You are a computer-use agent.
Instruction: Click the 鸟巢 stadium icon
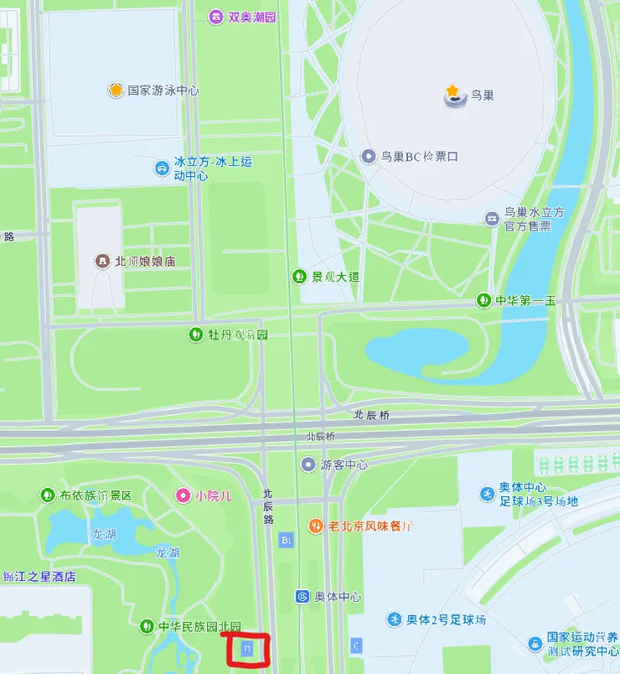click(x=454, y=94)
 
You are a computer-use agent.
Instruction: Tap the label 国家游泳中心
click(x=163, y=90)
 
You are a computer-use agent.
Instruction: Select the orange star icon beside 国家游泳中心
click(x=116, y=90)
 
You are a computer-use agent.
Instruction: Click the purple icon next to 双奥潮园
click(x=215, y=17)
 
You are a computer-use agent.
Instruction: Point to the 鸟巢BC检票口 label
click(x=420, y=156)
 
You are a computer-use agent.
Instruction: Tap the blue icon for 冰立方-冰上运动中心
click(x=161, y=168)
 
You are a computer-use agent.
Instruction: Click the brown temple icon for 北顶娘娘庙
click(x=102, y=261)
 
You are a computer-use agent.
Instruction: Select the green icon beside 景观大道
click(x=298, y=276)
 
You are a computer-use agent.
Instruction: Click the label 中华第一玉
click(x=525, y=300)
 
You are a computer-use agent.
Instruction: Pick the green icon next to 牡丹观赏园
click(x=194, y=334)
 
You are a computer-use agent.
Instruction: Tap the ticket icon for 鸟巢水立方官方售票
click(x=492, y=219)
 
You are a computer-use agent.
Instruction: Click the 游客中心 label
click(x=344, y=464)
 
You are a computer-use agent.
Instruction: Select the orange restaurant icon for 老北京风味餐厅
click(x=316, y=526)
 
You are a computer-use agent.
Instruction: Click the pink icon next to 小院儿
click(x=183, y=495)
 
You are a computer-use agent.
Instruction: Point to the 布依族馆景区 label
click(x=96, y=495)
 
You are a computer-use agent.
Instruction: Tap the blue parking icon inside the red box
click(x=248, y=648)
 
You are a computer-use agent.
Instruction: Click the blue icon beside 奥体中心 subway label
click(x=302, y=596)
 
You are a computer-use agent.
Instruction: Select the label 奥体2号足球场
click(x=446, y=620)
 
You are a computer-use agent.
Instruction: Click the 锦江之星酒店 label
click(x=39, y=577)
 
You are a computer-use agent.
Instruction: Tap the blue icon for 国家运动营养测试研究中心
click(x=535, y=643)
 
